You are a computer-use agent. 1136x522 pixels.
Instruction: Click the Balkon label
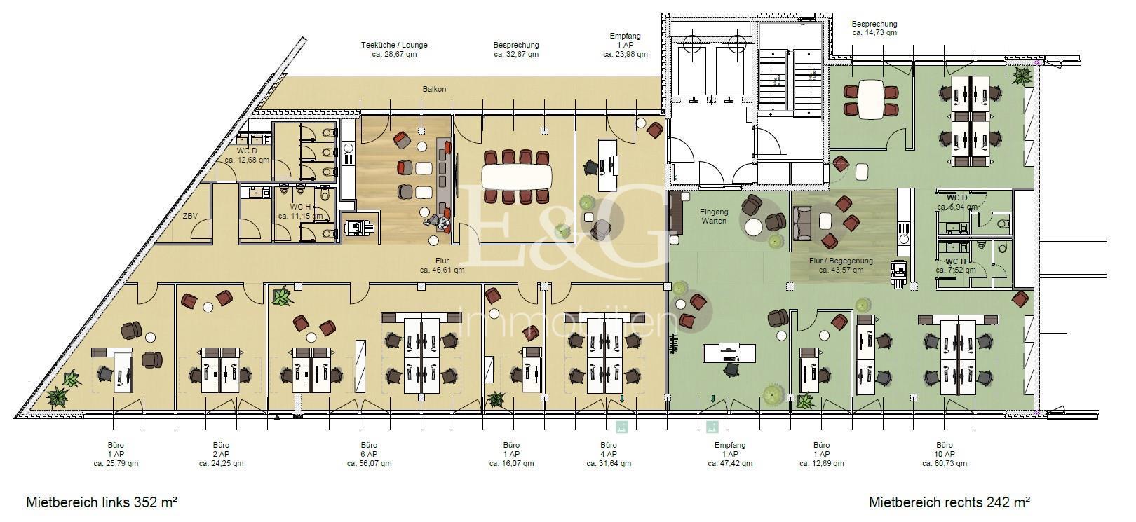click(434, 89)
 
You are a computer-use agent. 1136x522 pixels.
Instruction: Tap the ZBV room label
click(190, 216)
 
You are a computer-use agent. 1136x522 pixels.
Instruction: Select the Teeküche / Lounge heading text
click(394, 45)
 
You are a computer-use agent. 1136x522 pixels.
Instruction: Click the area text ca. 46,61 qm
click(442, 270)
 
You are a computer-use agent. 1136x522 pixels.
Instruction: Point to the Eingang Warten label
click(714, 217)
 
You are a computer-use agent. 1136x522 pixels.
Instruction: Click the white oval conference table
click(516, 177)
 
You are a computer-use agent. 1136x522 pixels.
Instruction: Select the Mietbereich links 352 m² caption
click(102, 502)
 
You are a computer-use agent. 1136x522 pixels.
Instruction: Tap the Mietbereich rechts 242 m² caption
click(949, 502)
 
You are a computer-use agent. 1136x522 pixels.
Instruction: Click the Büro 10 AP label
click(945, 450)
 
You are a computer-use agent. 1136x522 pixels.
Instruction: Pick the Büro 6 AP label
click(369, 450)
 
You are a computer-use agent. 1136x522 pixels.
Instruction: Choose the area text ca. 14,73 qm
click(874, 32)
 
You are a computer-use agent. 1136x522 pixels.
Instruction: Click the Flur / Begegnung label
click(841, 261)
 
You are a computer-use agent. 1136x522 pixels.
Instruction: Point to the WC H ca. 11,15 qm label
click(300, 212)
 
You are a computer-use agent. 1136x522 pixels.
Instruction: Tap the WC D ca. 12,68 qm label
click(247, 155)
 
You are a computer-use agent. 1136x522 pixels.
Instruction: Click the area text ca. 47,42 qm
click(730, 463)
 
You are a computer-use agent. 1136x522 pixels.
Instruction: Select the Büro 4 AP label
click(608, 450)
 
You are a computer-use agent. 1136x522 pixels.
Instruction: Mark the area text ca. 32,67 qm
click(516, 54)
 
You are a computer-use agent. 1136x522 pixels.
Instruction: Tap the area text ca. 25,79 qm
click(116, 463)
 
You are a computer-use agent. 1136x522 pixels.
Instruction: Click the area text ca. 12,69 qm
click(822, 463)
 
